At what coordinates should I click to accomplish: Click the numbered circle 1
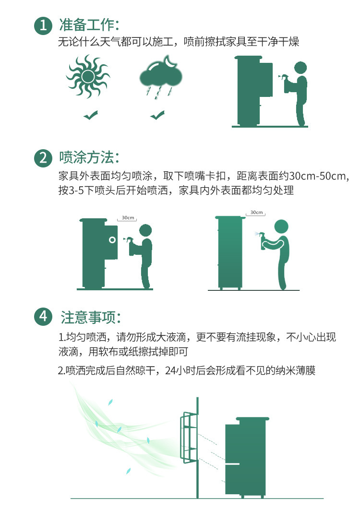click(x=43, y=26)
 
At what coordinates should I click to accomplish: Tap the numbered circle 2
click(x=43, y=158)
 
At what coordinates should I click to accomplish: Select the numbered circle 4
click(x=43, y=317)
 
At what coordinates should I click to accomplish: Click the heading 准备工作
click(x=89, y=25)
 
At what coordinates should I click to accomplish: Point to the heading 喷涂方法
click(x=89, y=157)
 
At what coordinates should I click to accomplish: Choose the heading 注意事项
click(x=90, y=317)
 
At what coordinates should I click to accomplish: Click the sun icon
click(x=88, y=77)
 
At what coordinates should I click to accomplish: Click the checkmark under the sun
click(x=90, y=115)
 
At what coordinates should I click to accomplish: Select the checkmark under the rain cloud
click(x=157, y=115)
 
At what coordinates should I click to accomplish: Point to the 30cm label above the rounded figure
click(x=257, y=213)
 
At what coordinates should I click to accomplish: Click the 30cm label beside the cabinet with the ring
click(x=128, y=218)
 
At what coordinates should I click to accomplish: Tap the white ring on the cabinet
click(x=112, y=240)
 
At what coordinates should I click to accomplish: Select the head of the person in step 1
click(x=300, y=68)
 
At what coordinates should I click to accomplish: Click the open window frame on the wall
click(x=189, y=437)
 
